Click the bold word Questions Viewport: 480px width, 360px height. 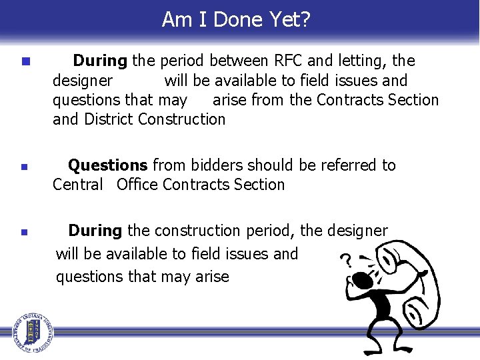(108, 165)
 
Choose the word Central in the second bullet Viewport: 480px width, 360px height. (78, 185)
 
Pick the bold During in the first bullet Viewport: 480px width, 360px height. (100, 61)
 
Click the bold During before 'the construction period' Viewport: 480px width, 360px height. (95, 231)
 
